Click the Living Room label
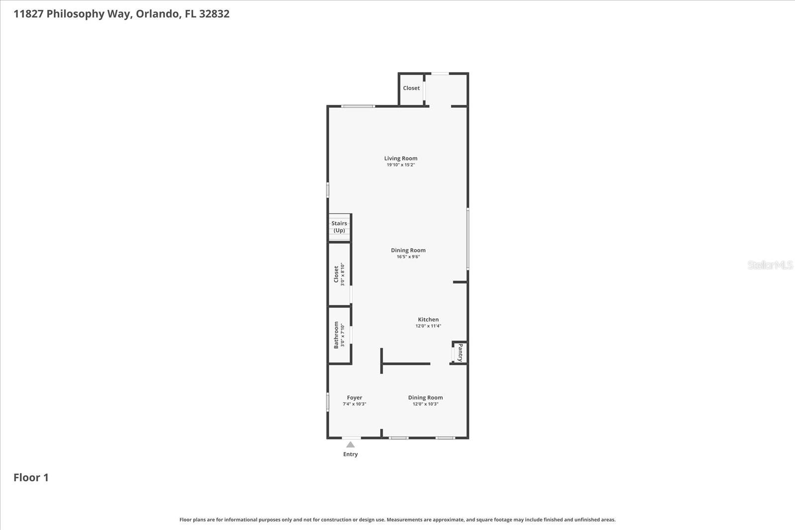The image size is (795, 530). click(x=400, y=158)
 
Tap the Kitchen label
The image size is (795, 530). click(x=428, y=319)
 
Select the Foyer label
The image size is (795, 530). click(x=354, y=397)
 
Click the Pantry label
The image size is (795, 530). click(x=460, y=352)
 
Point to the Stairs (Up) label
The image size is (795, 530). click(x=339, y=227)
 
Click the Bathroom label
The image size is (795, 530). click(x=336, y=335)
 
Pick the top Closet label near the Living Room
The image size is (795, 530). click(x=411, y=88)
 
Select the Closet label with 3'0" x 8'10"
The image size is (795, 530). click(x=336, y=274)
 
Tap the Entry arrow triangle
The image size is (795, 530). click(x=350, y=445)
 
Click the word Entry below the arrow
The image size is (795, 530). click(x=350, y=454)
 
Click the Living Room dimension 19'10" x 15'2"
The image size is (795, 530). click(x=400, y=165)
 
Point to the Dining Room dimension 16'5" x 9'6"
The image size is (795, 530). click(x=408, y=257)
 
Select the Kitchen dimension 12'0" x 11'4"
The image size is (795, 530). click(x=428, y=326)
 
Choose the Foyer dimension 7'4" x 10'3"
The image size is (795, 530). click(x=354, y=404)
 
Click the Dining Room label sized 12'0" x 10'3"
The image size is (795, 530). click(x=425, y=397)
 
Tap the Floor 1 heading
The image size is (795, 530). click(x=31, y=477)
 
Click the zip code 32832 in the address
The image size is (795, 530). click(x=214, y=14)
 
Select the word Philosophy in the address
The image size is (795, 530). click(x=75, y=14)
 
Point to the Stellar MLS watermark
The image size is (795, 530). click(x=770, y=265)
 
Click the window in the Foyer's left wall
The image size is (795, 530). click(x=327, y=402)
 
